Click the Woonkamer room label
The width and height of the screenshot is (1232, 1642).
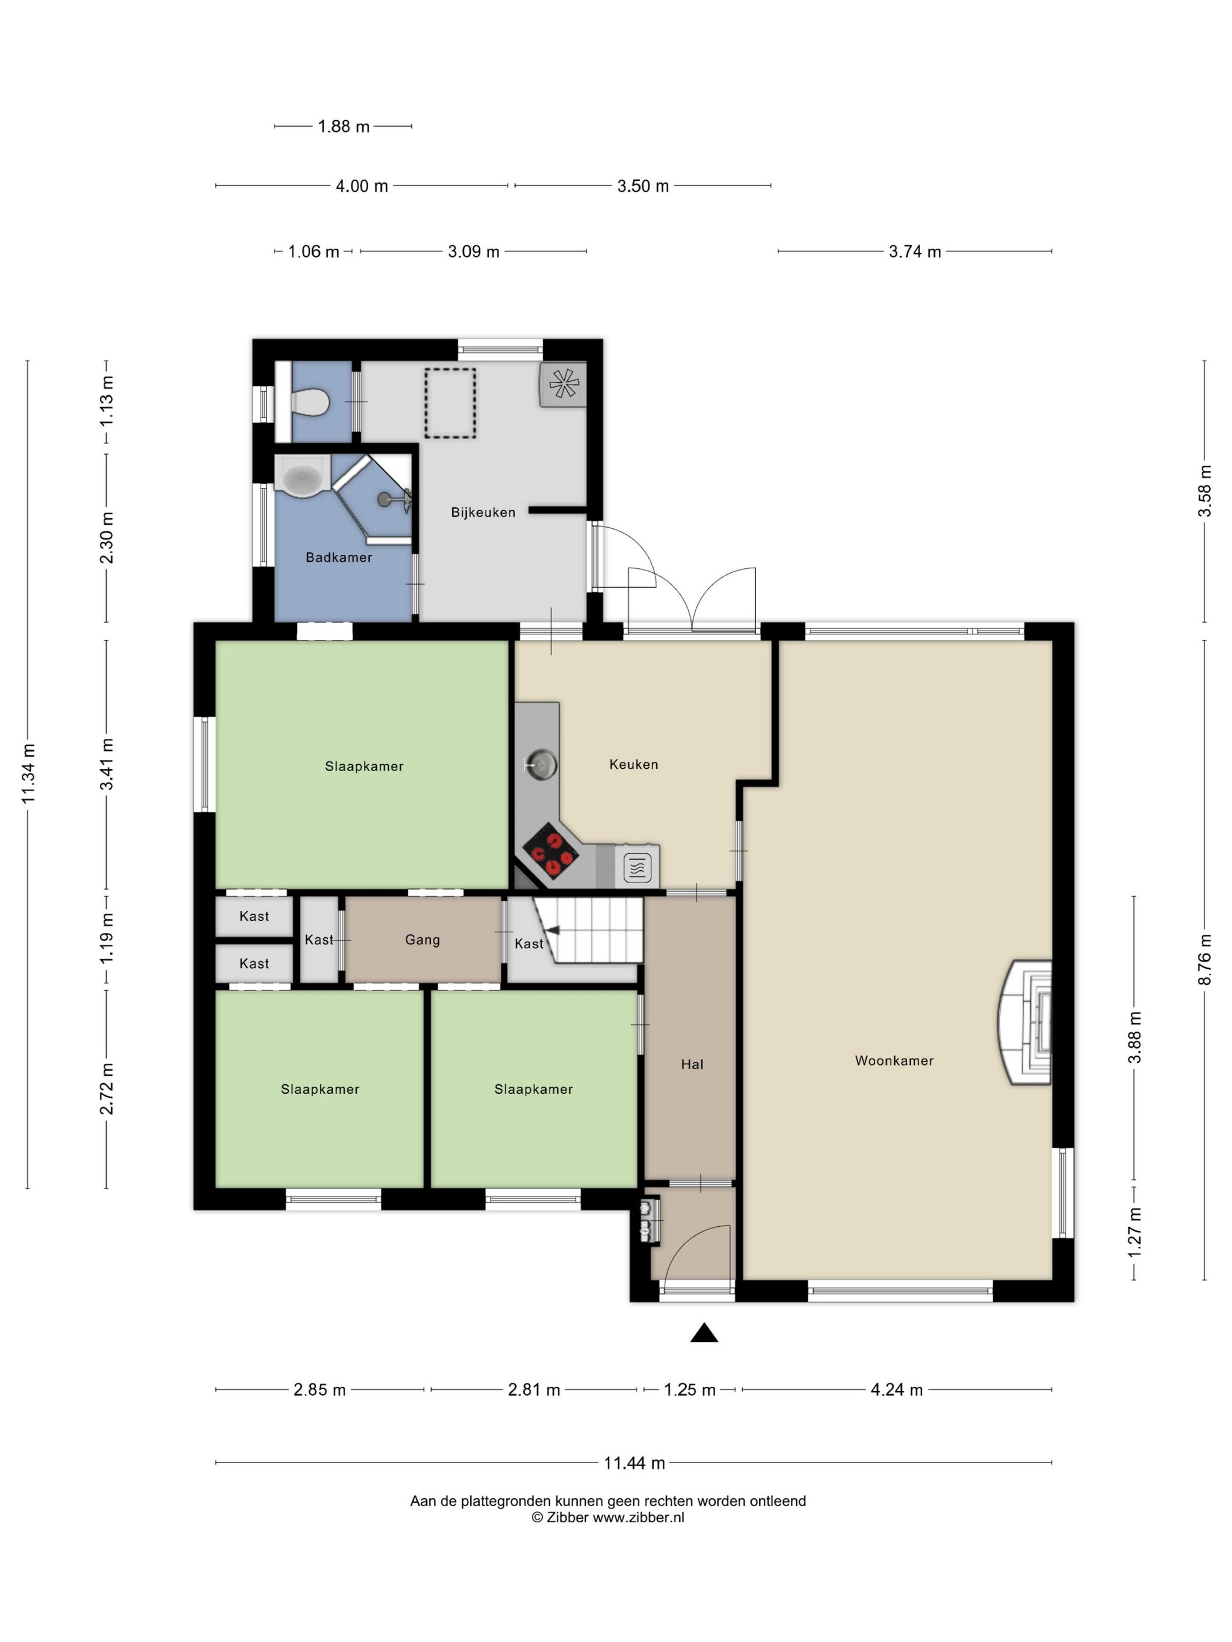[x=894, y=1061]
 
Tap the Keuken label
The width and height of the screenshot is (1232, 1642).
[x=634, y=765]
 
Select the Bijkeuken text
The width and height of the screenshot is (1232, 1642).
[x=483, y=512]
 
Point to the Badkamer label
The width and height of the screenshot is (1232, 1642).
[x=339, y=558]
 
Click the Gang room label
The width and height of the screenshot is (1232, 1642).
[x=422, y=940]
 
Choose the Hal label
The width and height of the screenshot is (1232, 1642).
[x=692, y=1064]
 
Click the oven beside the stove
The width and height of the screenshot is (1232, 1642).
[x=637, y=867]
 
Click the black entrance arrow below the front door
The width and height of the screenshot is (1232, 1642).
[x=704, y=1334]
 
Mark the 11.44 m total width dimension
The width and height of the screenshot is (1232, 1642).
[x=634, y=1463]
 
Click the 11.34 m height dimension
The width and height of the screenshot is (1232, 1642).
[x=28, y=773]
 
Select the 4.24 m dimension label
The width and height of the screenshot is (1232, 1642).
[x=896, y=1390]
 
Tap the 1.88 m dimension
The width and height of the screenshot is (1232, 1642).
[x=343, y=126]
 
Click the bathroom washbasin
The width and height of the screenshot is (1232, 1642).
[x=302, y=475]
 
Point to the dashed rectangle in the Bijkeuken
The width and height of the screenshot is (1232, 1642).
[x=450, y=403]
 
